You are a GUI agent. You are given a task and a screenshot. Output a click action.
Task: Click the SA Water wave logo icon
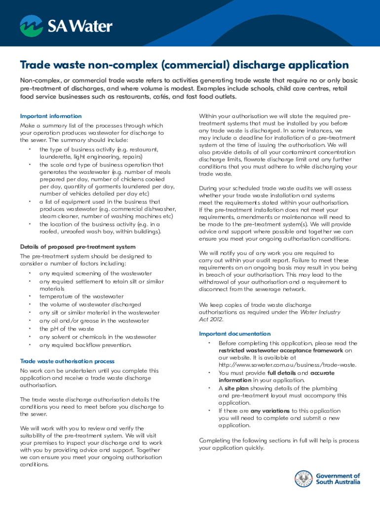pyautogui.click(x=31, y=26)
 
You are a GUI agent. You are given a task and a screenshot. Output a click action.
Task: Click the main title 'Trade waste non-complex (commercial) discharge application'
pyautogui.click(x=184, y=65)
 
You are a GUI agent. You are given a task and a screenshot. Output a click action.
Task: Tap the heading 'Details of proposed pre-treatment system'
pyautogui.click(x=77, y=247)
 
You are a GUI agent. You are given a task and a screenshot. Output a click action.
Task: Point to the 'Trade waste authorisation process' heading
pyautogui.click(x=67, y=361)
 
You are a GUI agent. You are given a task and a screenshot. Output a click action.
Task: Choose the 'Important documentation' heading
pyautogui.click(x=234, y=334)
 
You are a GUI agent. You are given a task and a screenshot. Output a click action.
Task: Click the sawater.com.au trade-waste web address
pyautogui.click(x=287, y=365)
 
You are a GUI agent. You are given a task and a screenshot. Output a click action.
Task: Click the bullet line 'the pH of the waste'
pyautogui.click(x=66, y=329)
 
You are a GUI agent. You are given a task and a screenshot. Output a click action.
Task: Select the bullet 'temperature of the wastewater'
pyautogui.click(x=81, y=296)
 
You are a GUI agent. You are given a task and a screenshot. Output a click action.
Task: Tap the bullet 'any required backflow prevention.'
pyautogui.click(x=85, y=345)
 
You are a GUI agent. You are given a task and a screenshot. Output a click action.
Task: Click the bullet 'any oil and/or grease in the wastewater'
pyautogui.click(x=94, y=321)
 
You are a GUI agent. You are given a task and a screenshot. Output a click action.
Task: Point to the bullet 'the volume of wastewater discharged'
pyautogui.click(x=90, y=304)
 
